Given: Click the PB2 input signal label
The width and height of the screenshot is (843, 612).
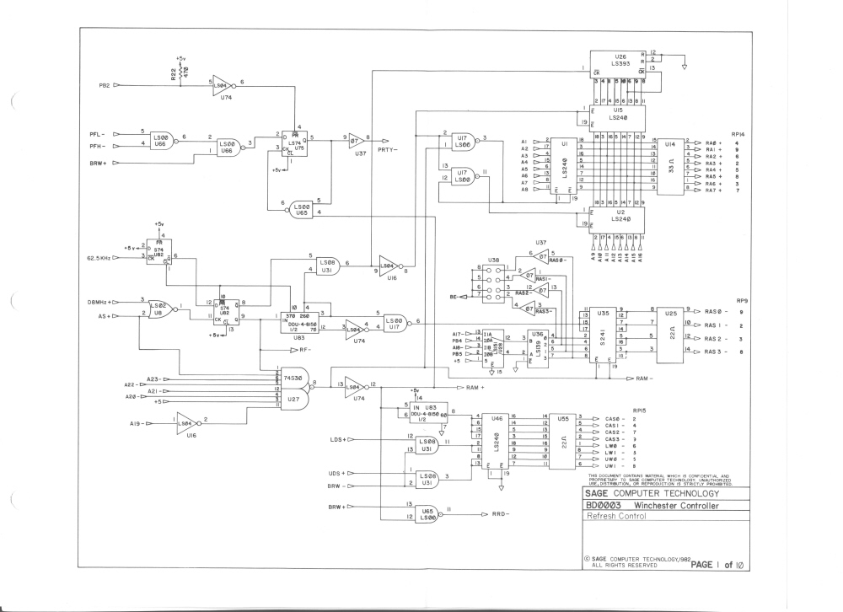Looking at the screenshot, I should pos(99,85).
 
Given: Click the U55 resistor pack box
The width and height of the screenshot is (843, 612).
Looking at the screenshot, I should pos(563,441).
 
